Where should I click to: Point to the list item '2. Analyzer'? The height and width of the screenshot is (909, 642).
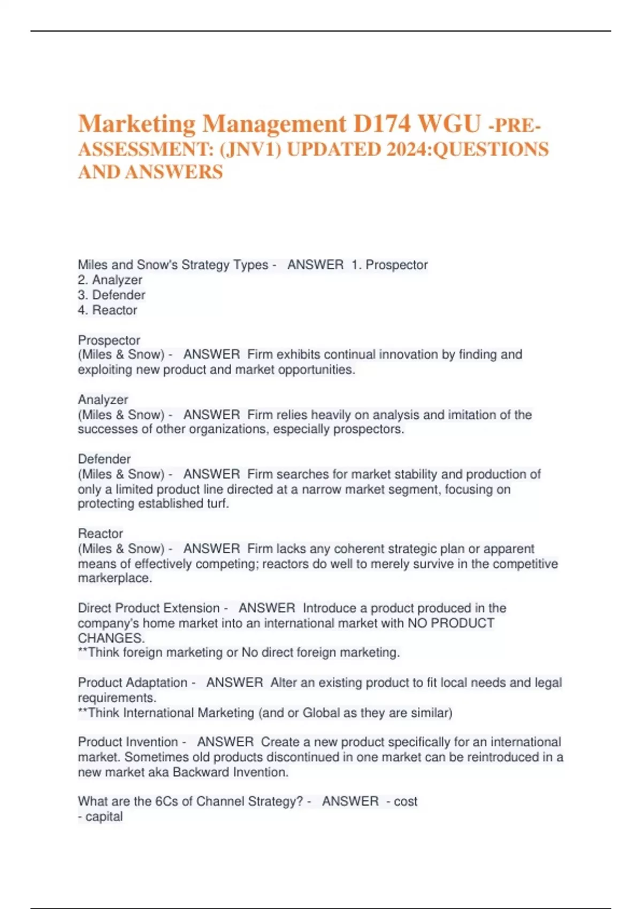(x=110, y=280)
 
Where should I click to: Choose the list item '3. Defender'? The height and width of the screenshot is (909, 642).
(x=111, y=295)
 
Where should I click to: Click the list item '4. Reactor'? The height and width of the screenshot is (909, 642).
(x=108, y=310)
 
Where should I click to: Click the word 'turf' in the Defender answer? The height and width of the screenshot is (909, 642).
(x=216, y=504)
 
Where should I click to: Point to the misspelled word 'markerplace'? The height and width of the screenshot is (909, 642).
(x=114, y=578)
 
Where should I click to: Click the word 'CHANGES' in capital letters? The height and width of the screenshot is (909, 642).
(x=110, y=638)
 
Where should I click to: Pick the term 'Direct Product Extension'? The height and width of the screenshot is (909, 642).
(x=149, y=608)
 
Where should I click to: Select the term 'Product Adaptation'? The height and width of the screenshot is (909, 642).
(x=133, y=682)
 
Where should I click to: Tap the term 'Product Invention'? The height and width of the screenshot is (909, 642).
(x=128, y=742)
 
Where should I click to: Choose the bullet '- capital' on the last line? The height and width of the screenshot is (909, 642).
(x=101, y=816)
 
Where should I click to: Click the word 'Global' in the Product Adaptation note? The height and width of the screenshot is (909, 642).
(x=322, y=713)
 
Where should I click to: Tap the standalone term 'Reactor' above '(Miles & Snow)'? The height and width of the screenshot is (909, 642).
(x=101, y=533)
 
